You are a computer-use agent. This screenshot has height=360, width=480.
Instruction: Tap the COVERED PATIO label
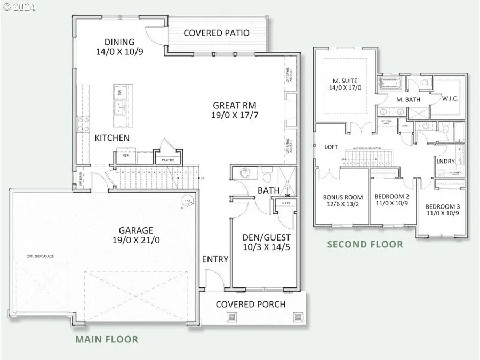pyautogui.click(x=216, y=33)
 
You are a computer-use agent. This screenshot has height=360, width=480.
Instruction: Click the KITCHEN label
pyautogui.click(x=112, y=138)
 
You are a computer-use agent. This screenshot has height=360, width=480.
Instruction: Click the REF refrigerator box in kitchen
pyautogui.click(x=125, y=156)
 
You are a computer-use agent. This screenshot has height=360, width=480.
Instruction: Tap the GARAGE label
pyautogui.click(x=135, y=230)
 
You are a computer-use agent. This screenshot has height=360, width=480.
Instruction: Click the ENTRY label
pyautogui.click(x=215, y=259)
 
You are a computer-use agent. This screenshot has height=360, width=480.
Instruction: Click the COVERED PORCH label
pyautogui.click(x=250, y=305)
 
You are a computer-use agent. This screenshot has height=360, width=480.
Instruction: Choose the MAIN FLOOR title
pyautogui.click(x=107, y=339)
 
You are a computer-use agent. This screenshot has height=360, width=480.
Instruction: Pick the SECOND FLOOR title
pyautogui.click(x=365, y=245)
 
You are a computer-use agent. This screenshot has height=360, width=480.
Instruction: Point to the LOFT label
pyautogui.click(x=332, y=147)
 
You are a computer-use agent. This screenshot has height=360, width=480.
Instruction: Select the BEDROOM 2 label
pyautogui.click(x=391, y=196)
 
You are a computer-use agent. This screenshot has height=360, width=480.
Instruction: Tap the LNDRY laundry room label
pyautogui.click(x=445, y=161)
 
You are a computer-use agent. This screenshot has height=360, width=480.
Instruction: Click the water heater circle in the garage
pyautogui.click(x=187, y=202)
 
